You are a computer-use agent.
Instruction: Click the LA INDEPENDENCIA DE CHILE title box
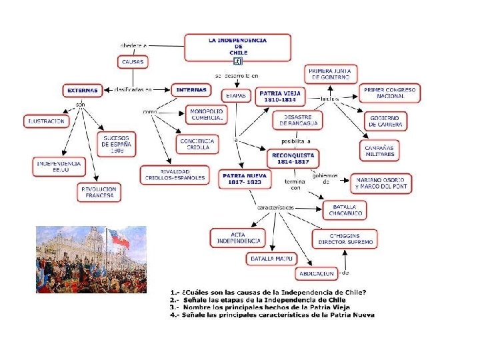tap(238, 47)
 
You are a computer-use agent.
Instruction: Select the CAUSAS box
tap(133, 61)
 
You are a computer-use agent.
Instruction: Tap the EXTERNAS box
tap(82, 90)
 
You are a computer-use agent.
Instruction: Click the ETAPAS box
tap(235, 96)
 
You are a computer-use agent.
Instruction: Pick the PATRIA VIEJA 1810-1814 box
tap(280, 96)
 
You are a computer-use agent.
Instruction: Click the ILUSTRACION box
tap(46, 121)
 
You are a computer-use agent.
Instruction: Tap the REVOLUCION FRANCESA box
tap(99, 192)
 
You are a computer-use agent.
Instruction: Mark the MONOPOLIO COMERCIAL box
tap(207, 115)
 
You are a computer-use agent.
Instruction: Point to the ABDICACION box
tap(317, 273)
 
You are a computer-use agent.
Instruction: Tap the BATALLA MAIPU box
tap(271, 258)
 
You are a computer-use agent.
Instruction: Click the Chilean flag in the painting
tap(119, 239)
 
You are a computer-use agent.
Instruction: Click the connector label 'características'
tap(275, 207)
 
